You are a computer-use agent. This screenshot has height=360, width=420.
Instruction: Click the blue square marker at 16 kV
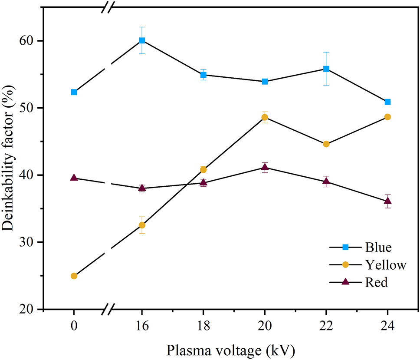[x=142, y=40]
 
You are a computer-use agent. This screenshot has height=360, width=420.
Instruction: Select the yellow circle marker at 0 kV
[x=74, y=276]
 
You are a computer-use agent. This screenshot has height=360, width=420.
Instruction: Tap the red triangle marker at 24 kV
[x=387, y=201]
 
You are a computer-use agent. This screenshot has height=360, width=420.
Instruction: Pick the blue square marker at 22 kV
[x=326, y=69]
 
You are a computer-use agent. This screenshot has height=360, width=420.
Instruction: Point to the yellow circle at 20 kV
[x=265, y=117]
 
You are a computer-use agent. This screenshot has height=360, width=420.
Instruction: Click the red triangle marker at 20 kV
[x=265, y=167]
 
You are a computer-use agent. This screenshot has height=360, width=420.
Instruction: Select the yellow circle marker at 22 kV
[x=326, y=144]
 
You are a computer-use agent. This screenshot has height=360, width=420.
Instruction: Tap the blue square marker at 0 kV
[x=74, y=92]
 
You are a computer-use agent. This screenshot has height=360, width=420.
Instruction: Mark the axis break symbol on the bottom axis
[x=110, y=310]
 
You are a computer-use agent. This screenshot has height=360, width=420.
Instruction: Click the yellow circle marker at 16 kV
[x=142, y=225]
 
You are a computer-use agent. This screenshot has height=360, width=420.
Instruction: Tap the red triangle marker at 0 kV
[x=74, y=178]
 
